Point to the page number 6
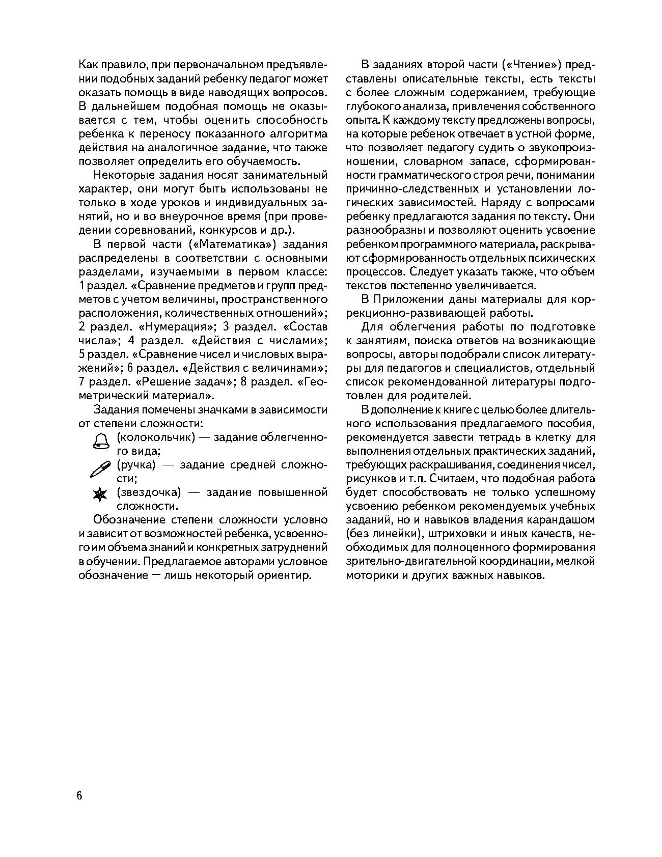(79, 796)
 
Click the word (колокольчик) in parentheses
(156, 437)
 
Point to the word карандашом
(563, 520)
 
